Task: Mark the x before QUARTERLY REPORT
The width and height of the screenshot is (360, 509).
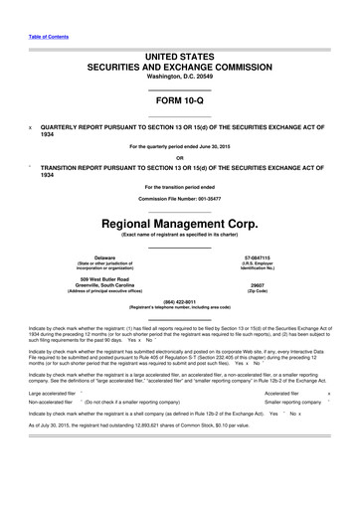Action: (31, 129)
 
